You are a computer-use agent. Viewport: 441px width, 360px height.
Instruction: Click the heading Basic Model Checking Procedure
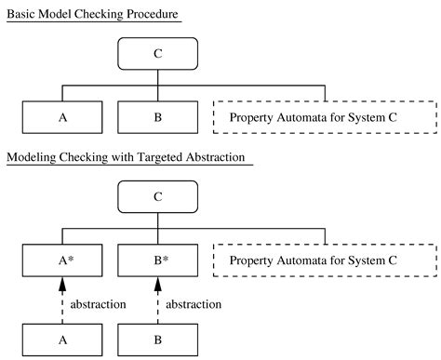[x=92, y=14]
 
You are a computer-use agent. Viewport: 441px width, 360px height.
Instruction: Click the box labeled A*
[x=62, y=260]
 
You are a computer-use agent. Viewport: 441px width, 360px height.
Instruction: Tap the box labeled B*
[x=157, y=260]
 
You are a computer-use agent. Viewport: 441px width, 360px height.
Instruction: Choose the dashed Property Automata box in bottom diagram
[x=325, y=260]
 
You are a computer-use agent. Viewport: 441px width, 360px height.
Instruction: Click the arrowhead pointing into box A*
[x=62, y=286]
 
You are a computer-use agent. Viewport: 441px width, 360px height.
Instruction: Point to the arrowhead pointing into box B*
[x=157, y=286]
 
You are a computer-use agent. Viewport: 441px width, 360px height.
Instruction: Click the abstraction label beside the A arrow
[x=100, y=304]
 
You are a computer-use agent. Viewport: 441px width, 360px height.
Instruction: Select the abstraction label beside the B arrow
[x=194, y=304]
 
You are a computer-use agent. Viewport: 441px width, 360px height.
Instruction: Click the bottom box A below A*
[x=62, y=340]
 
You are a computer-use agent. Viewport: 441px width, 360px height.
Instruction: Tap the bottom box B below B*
[x=157, y=340]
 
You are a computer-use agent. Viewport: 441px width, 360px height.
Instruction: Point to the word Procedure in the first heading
[x=151, y=14]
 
